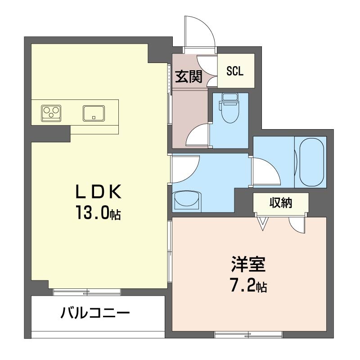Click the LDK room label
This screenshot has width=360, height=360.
tap(99, 192)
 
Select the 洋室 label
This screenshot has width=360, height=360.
tap(249, 265)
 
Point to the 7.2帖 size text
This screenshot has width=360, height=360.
tap(248, 285)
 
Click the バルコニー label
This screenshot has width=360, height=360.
tap(95, 312)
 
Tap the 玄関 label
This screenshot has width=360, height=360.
tap(189, 76)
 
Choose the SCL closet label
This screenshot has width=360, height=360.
tap(234, 71)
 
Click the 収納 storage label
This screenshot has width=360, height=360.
tap(280, 203)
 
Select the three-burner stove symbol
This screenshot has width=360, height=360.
tap(51, 113)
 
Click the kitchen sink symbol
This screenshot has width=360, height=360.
tap(94, 113)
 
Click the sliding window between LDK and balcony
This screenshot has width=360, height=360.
tap(87, 292)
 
